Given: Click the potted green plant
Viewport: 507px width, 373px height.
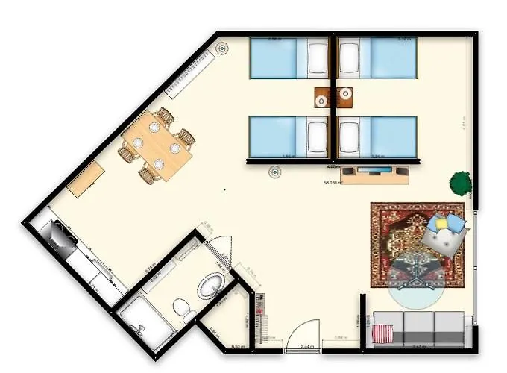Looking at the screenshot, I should [460, 182].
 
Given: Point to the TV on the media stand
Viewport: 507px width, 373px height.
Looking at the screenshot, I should [374, 171].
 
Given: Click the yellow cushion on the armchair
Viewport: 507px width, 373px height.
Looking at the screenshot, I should [441, 222].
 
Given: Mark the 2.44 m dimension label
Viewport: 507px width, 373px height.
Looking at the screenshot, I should [307, 348].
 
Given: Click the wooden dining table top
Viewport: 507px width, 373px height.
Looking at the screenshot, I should [158, 145].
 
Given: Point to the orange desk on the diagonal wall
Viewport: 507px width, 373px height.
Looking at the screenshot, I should [86, 179].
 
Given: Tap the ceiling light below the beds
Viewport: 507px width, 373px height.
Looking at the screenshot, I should [275, 172].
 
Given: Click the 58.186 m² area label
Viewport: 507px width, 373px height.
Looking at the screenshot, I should [333, 182].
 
